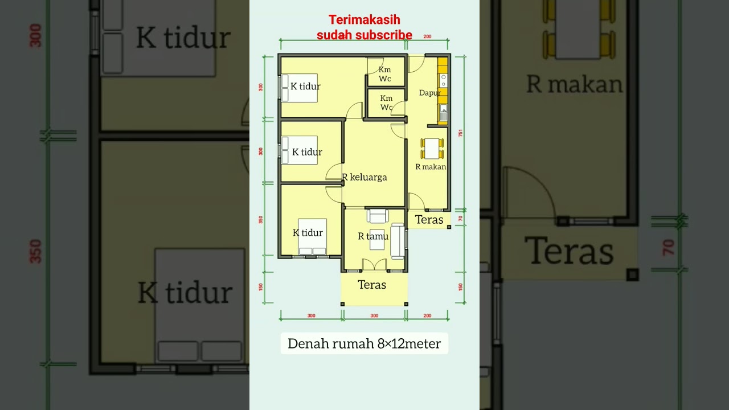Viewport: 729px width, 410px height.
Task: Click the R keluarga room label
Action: [x=364, y=177]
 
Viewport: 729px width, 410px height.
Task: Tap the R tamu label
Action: [x=373, y=236]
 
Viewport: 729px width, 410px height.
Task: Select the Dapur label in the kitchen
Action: [x=429, y=93]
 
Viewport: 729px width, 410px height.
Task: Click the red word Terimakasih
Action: [x=364, y=20]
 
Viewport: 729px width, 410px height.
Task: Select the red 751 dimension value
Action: [x=461, y=133]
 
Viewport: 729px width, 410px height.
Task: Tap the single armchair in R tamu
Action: [x=378, y=216]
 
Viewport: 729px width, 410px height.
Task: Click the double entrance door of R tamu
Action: [x=375, y=265]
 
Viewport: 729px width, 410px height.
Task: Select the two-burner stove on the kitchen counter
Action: [x=443, y=80]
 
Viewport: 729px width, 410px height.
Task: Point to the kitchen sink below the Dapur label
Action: [x=443, y=111]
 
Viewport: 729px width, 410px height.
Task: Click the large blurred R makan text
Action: [x=574, y=84]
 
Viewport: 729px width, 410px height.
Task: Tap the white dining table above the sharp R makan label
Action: [x=432, y=149]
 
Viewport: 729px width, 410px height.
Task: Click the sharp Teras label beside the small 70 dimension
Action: [x=429, y=220]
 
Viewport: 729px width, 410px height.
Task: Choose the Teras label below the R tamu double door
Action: [x=372, y=285]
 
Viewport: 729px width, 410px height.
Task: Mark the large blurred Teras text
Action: [x=568, y=251]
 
